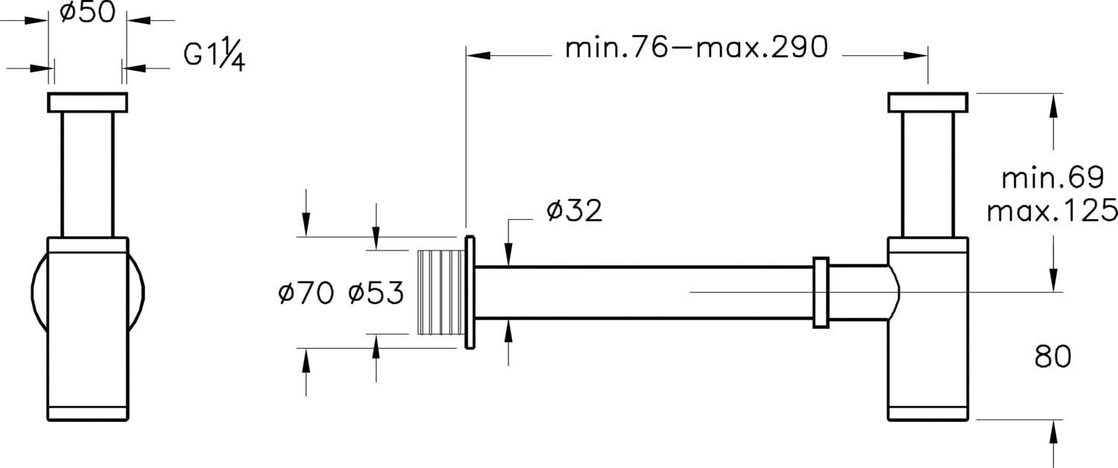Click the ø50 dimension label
pyautogui.click(x=87, y=13)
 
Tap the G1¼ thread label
pyautogui.click(x=214, y=55)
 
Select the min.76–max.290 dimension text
pyautogui.click(x=696, y=48)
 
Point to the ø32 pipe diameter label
pyautogui.click(x=574, y=211)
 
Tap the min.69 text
pyautogui.click(x=1052, y=178)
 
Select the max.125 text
pyautogui.click(x=1052, y=211)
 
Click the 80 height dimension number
pyautogui.click(x=1052, y=357)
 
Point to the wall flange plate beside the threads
pyautogui.click(x=470, y=292)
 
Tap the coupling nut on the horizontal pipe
pyautogui.click(x=821, y=292)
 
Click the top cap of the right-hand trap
pyautogui.click(x=927, y=102)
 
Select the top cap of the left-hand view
pyautogui.click(x=87, y=102)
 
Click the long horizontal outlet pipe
pyautogui.click(x=641, y=292)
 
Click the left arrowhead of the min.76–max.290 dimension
pyautogui.click(x=478, y=55)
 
